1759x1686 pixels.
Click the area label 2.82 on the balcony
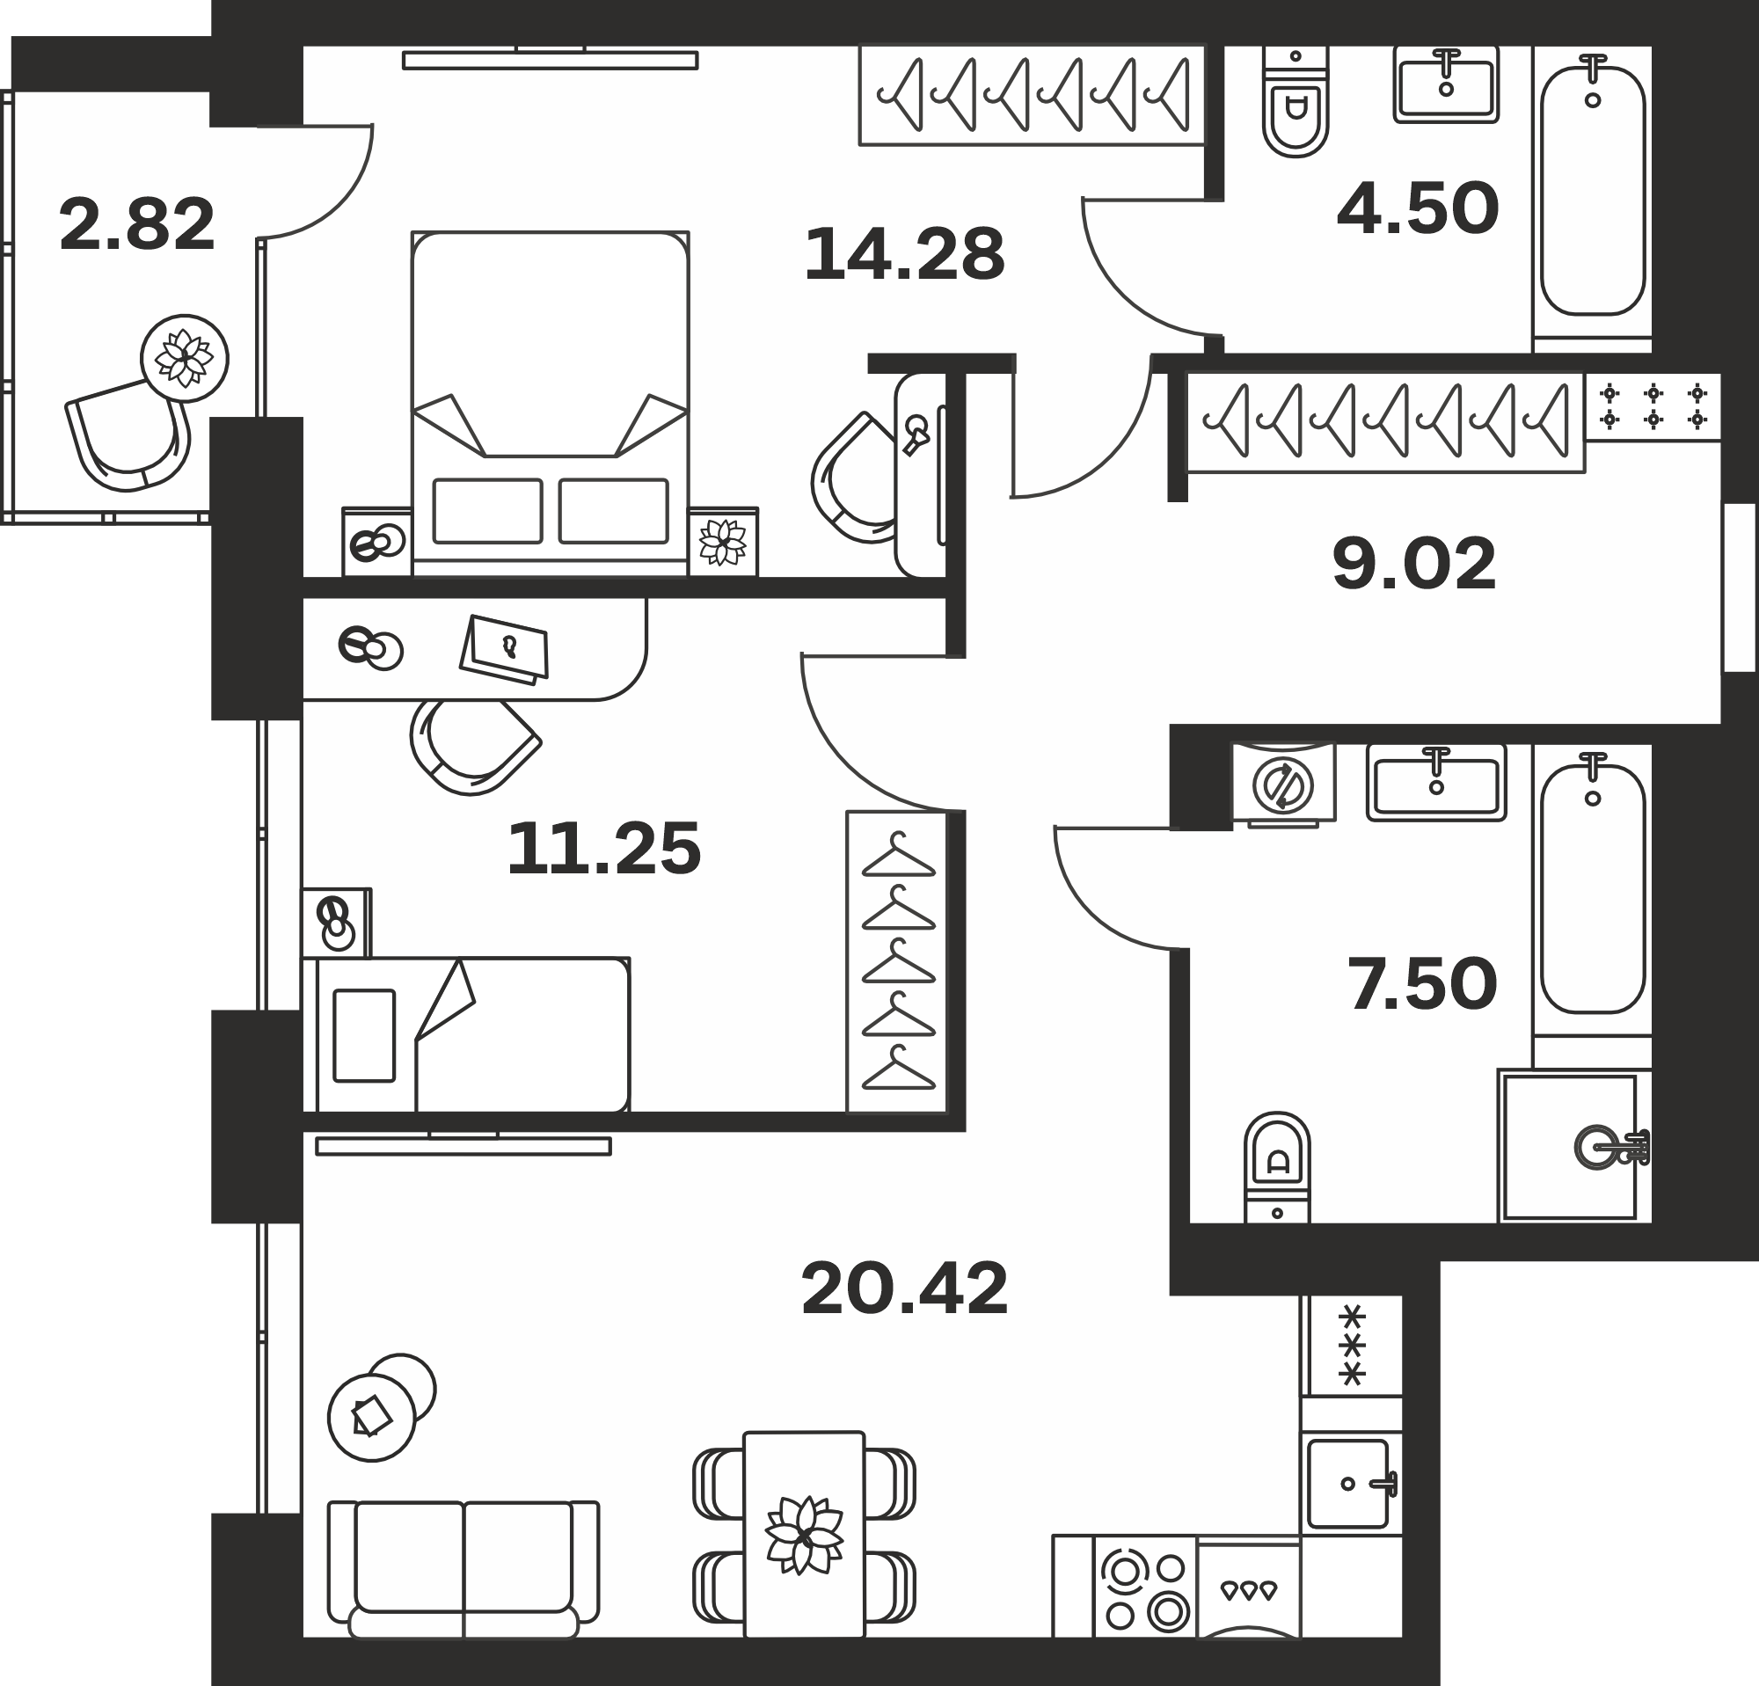click(x=137, y=224)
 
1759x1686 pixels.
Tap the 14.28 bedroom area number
click(x=905, y=255)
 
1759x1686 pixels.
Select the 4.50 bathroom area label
click(x=1418, y=208)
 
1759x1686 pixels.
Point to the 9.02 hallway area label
click(x=1414, y=564)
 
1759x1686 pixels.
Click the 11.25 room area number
click(x=604, y=848)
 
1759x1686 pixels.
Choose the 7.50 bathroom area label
click(x=1423, y=983)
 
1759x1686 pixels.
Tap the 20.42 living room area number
click(x=905, y=1288)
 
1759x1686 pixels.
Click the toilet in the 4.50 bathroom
click(x=1295, y=100)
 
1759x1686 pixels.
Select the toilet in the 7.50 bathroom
click(x=1277, y=1167)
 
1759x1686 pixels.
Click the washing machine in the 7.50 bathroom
click(x=1283, y=784)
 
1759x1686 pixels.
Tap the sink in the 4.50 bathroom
click(x=1446, y=85)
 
